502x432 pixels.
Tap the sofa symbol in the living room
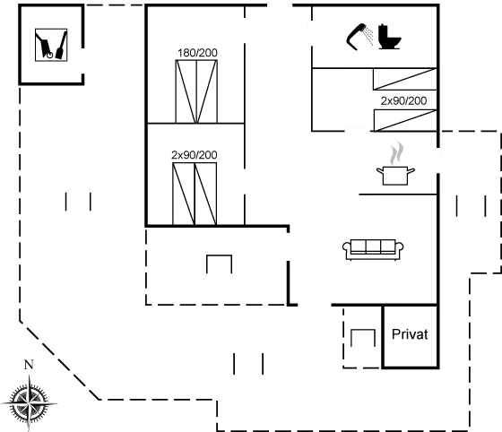click(x=370, y=248)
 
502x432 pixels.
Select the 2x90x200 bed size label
click(x=403, y=100)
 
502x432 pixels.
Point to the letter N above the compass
click(x=28, y=366)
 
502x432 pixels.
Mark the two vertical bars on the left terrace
click(x=78, y=202)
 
